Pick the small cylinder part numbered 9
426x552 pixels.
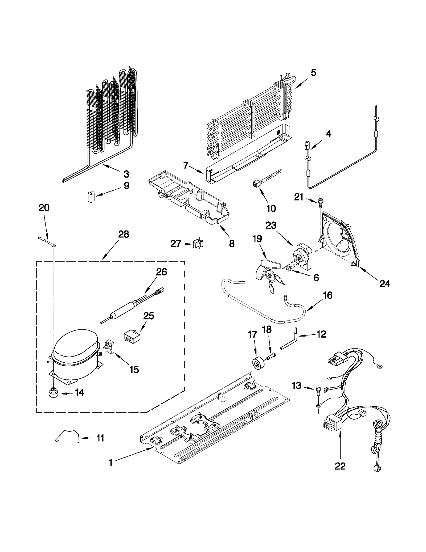[92, 197]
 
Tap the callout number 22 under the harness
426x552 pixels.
[340, 466]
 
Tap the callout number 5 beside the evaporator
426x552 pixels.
[313, 73]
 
